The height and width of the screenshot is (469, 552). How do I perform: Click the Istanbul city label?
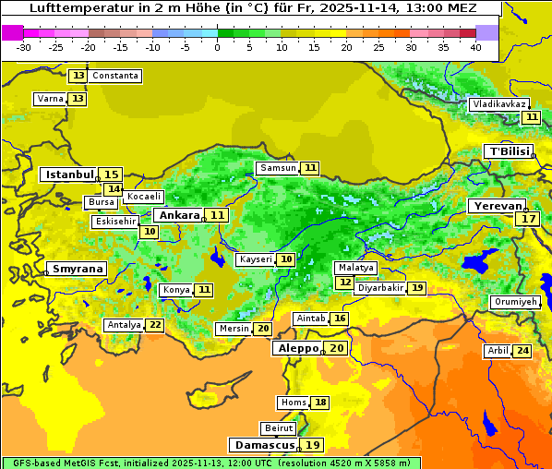tap(70, 174)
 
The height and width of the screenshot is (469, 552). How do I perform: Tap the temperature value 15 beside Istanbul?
tap(111, 174)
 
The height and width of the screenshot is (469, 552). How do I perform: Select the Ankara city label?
tap(177, 214)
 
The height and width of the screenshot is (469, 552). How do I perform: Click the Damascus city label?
tap(263, 444)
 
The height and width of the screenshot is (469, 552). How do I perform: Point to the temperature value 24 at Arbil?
tap(522, 351)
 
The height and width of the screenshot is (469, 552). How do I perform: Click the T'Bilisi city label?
tap(510, 150)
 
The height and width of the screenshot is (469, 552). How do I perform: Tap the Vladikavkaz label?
tap(499, 104)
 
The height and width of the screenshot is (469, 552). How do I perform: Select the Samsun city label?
tap(278, 168)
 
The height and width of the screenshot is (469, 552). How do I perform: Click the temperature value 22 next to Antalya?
tap(155, 325)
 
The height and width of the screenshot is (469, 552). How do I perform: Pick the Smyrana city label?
tap(77, 269)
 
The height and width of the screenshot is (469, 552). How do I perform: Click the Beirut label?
tap(279, 428)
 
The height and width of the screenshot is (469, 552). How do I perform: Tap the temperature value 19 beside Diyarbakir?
tap(417, 288)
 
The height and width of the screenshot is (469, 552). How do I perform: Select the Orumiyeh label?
tap(514, 302)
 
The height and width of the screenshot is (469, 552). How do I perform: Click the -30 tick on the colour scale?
tap(24, 46)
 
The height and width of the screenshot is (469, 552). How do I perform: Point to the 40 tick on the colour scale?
tap(475, 46)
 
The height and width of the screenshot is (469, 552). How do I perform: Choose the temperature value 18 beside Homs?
tap(320, 403)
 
